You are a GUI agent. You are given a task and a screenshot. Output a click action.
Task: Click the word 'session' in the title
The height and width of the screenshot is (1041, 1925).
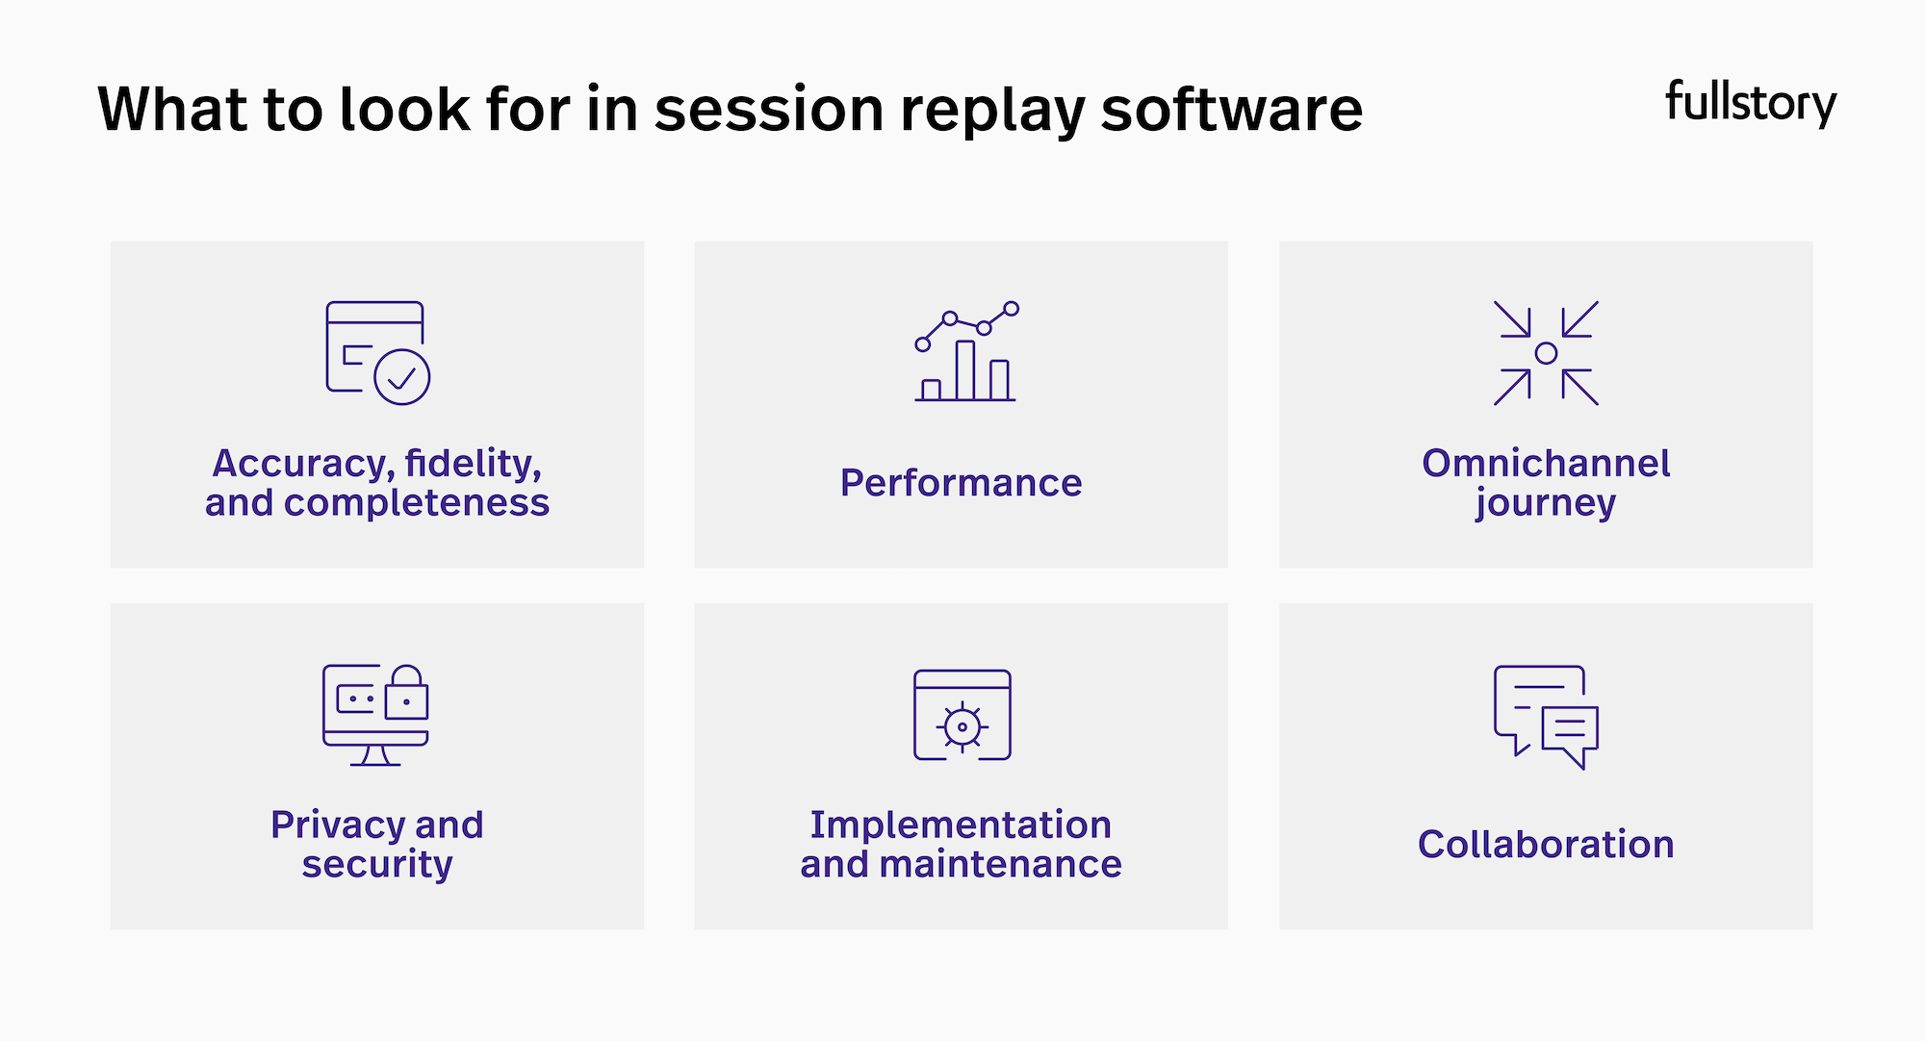point(768,109)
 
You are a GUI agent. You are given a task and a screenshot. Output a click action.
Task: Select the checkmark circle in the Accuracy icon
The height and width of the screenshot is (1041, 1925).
point(401,377)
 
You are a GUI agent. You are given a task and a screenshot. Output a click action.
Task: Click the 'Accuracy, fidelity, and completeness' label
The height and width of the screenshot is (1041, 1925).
point(376,483)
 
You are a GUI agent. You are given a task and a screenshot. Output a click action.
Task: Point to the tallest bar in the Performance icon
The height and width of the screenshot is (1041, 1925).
point(964,370)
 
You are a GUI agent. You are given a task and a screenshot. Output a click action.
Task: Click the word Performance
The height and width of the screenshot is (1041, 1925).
point(961,483)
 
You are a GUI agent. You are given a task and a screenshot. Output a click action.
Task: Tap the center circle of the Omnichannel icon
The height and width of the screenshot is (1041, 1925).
point(1546,353)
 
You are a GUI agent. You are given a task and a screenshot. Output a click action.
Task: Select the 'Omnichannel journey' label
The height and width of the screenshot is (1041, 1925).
point(1546,483)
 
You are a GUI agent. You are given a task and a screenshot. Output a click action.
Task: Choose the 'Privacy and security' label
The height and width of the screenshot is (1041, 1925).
point(376,844)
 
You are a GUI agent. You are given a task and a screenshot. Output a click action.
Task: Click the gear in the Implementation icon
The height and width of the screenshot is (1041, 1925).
point(962,726)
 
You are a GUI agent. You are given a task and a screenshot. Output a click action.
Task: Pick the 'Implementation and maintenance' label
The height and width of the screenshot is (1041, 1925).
point(961,844)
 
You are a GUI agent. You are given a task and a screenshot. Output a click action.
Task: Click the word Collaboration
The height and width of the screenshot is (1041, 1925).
point(1546,844)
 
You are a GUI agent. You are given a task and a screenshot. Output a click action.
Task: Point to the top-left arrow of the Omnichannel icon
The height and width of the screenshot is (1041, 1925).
point(1513,319)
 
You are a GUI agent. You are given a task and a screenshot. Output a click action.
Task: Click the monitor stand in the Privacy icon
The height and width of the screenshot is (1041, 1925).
point(375,756)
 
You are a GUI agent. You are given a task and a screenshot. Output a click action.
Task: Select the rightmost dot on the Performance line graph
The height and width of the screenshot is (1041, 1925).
point(1011,309)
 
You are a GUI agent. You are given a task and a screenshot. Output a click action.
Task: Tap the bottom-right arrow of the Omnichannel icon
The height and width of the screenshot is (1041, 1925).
point(1579,387)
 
